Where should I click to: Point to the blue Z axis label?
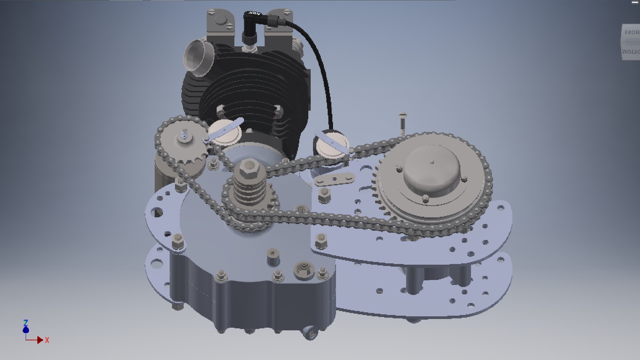coord(26,323)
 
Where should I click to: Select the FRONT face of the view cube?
coord(631,33)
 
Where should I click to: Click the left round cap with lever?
coord(225,133)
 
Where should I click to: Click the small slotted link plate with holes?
coord(334,179)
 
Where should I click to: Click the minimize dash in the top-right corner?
coord(635,2)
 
